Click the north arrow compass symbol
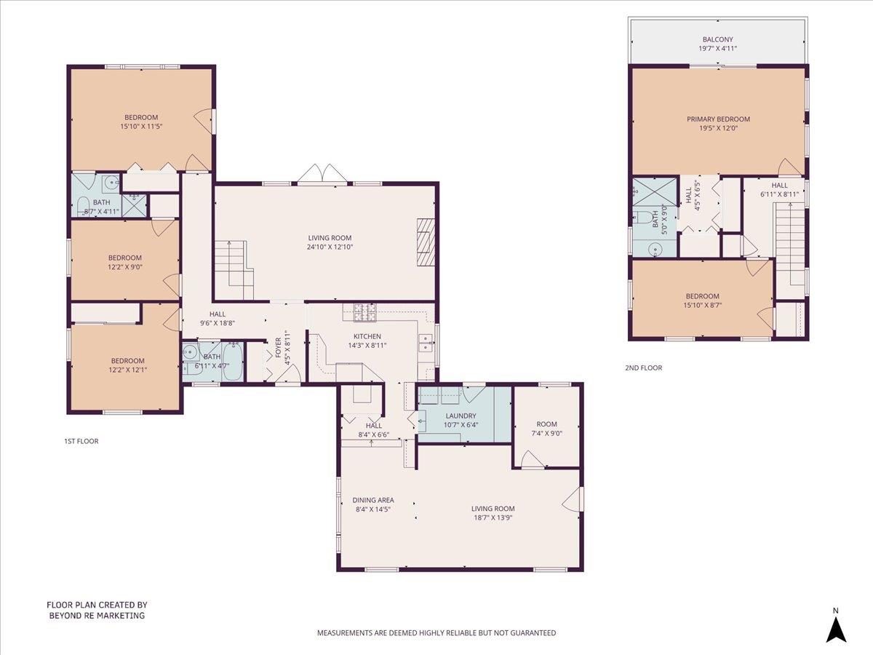[x=836, y=632]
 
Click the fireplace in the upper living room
[x=426, y=242]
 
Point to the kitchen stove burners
[x=365, y=312]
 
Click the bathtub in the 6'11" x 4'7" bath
[x=231, y=361]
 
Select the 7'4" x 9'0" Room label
[x=546, y=429]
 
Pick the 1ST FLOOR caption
[x=81, y=441]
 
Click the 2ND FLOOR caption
[x=644, y=368]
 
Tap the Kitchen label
[x=367, y=336]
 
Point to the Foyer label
[x=278, y=347]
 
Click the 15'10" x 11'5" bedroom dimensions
[x=141, y=127]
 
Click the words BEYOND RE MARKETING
[x=97, y=616]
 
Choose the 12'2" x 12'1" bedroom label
[x=127, y=365]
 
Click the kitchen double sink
[x=426, y=344]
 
